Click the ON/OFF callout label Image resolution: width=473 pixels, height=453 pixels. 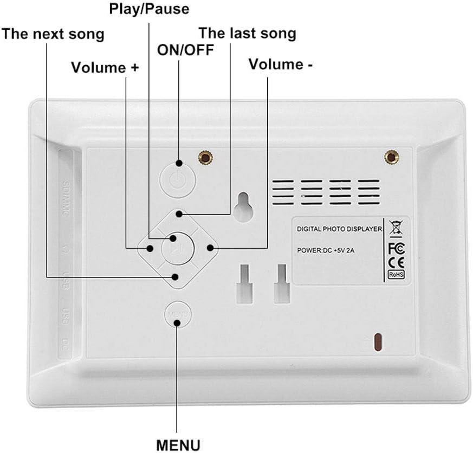coord(185,50)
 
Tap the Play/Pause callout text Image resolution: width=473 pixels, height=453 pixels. coord(149,9)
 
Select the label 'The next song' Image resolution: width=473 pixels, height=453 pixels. coord(53,34)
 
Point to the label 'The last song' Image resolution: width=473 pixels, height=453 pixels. coord(248,33)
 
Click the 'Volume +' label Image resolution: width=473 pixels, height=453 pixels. coord(105,67)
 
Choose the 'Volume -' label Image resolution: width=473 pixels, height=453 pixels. coord(281,64)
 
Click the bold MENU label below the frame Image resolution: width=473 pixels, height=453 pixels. coord(178,445)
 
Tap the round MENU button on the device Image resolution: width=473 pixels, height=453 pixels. coord(178,315)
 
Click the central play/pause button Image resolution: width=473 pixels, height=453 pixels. coord(178,248)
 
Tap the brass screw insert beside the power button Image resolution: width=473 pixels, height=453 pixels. coord(205,158)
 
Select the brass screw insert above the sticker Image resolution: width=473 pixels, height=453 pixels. coord(391,157)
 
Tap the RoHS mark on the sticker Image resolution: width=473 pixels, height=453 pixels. coord(397,275)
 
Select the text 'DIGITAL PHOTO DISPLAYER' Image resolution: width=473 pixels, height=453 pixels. coord(339,229)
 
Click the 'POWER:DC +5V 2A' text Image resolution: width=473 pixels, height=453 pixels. coord(326,250)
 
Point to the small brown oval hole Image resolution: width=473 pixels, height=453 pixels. coord(378,341)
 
